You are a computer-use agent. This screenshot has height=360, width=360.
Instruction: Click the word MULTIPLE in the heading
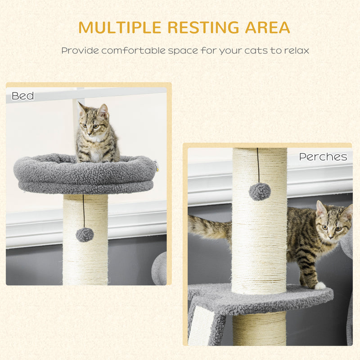119,27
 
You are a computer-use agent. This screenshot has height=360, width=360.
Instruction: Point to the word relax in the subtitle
295,50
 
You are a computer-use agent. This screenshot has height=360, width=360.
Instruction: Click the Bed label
22,96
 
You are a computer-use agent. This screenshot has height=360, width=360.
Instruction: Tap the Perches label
323,157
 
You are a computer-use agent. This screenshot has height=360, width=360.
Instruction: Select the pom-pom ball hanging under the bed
85,234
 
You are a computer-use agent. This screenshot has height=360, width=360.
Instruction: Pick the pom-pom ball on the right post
260,192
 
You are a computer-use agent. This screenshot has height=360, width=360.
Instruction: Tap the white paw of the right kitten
319,285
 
